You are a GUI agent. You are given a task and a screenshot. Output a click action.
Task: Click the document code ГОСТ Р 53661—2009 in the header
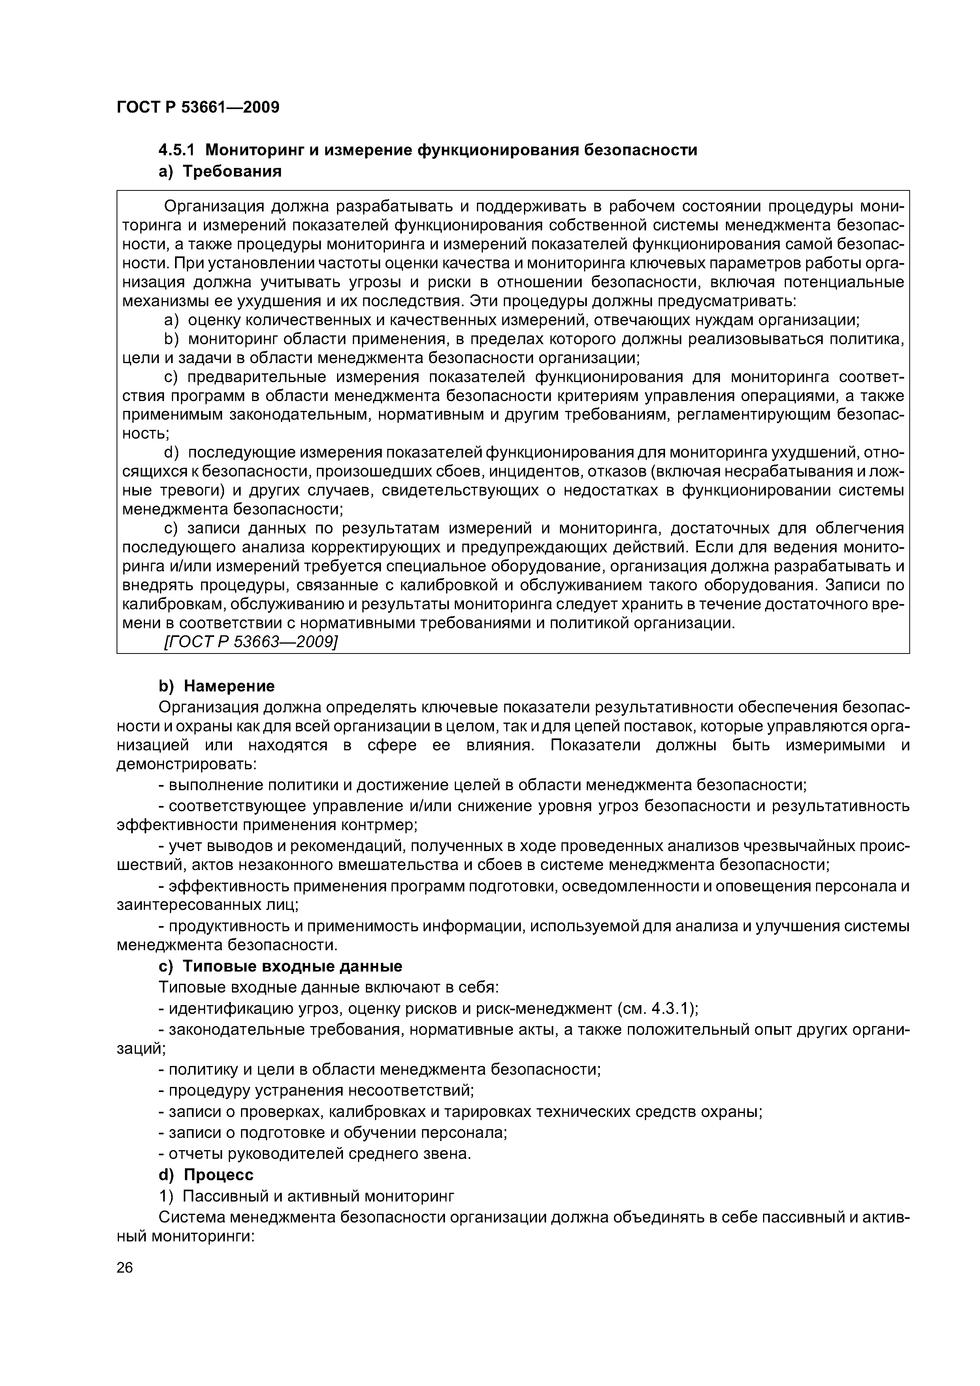[198, 107]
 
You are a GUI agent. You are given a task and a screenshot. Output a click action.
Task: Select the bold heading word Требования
[232, 171]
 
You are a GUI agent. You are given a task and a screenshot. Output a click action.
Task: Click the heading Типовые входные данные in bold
[292, 966]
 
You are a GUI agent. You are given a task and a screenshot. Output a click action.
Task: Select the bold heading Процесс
[219, 1175]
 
